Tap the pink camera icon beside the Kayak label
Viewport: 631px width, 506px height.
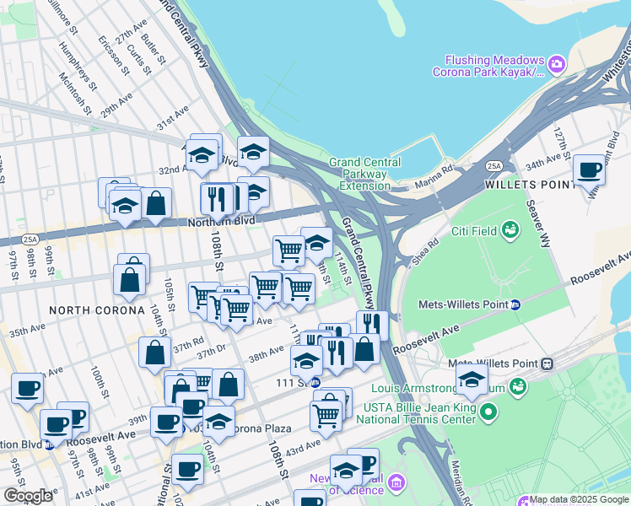click(556, 64)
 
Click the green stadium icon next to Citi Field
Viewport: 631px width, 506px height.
click(510, 229)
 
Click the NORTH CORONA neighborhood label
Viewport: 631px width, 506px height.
click(96, 310)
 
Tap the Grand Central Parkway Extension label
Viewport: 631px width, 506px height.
click(358, 174)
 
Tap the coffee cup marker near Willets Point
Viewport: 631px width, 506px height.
click(589, 170)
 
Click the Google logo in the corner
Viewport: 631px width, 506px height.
click(27, 496)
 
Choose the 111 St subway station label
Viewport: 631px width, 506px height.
click(291, 383)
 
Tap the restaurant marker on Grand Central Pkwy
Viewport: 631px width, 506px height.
click(372, 325)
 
